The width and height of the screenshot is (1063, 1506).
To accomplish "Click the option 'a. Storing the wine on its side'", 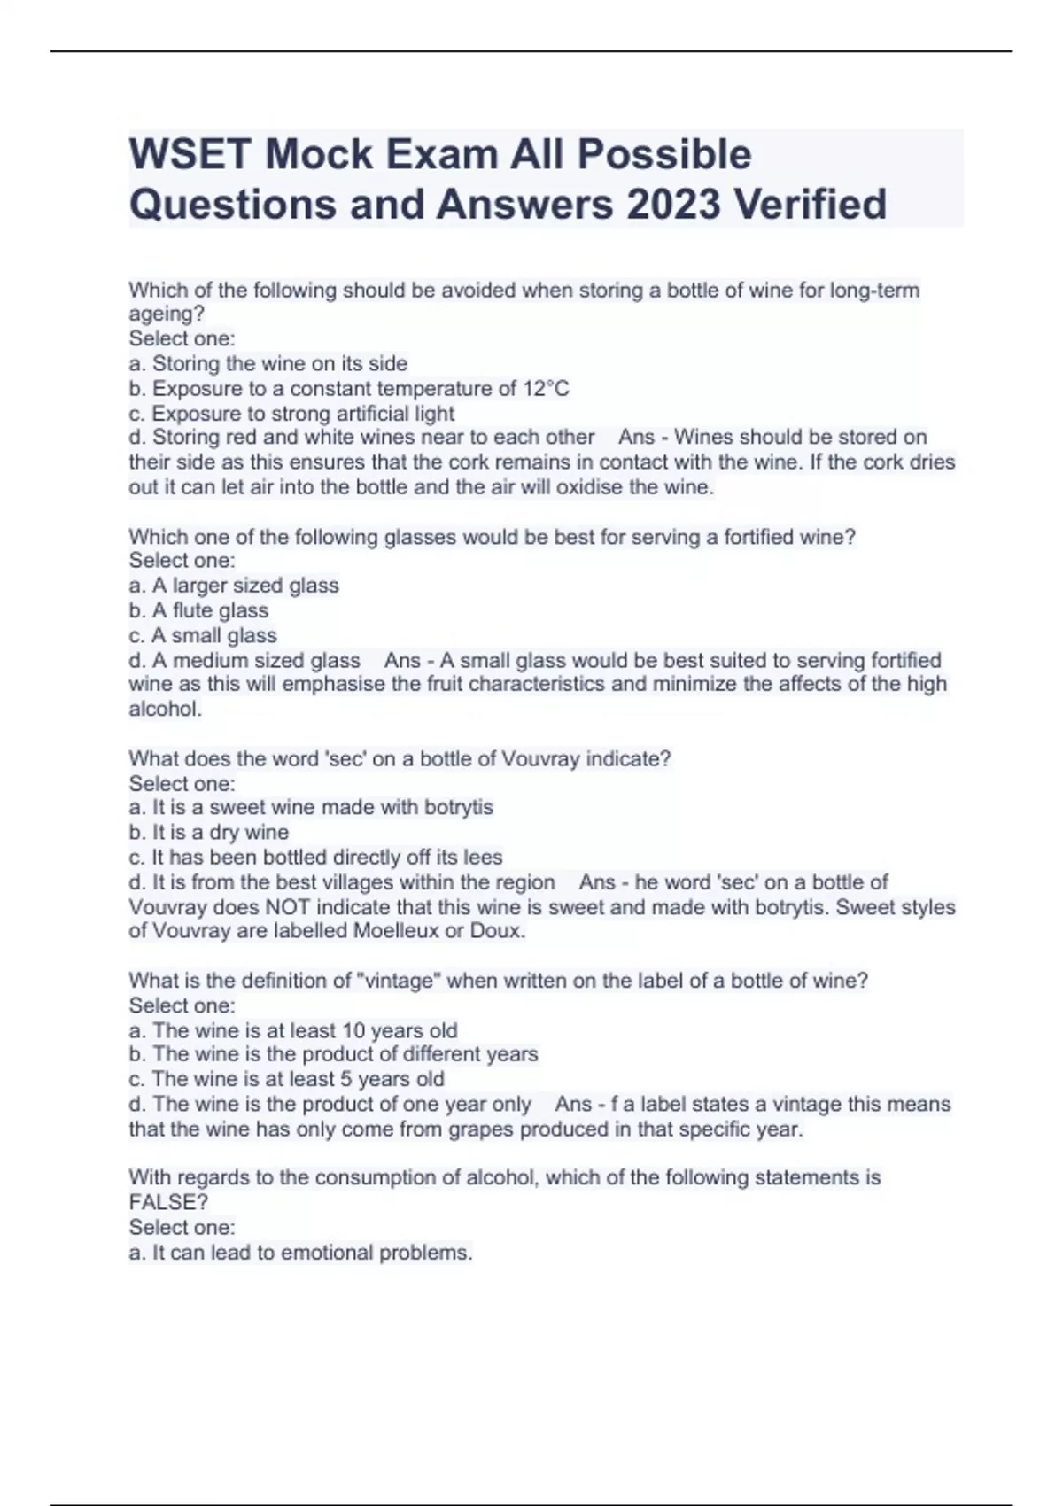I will pos(268,363).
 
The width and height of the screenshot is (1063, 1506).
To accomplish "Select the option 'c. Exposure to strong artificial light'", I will pos(291,414).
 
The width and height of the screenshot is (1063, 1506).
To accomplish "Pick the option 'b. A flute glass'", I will pos(198,610).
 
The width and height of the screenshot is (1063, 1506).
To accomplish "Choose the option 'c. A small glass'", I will pos(203,635).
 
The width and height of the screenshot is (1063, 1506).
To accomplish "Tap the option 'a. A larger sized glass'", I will pos(234,586).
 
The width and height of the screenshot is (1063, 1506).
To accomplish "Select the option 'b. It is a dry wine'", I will pos(209,833).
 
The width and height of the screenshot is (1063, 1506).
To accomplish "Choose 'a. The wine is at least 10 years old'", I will pos(293,1030).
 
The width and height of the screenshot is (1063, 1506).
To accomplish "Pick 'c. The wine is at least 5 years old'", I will pos(286,1079).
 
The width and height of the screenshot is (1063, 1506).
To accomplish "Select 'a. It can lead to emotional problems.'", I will pos(301,1253).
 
